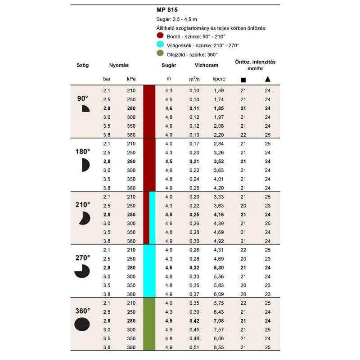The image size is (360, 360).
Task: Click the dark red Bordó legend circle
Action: tap(160, 36)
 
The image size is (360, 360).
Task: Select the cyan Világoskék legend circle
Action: tap(160, 45)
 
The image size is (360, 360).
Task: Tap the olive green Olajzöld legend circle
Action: tap(160, 54)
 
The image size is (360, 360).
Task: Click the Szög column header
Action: tap(83, 65)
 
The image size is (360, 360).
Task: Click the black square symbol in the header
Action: tap(243, 80)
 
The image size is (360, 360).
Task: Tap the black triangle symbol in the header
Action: tap(267, 79)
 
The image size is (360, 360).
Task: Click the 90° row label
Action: tap(83, 99)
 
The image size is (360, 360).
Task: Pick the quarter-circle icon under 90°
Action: tap(85, 109)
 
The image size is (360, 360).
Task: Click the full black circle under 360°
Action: tap(82, 324)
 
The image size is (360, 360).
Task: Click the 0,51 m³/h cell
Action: tap(194, 347)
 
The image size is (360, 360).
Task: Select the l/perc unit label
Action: tap(219, 79)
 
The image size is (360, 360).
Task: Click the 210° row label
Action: tap(83, 205)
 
